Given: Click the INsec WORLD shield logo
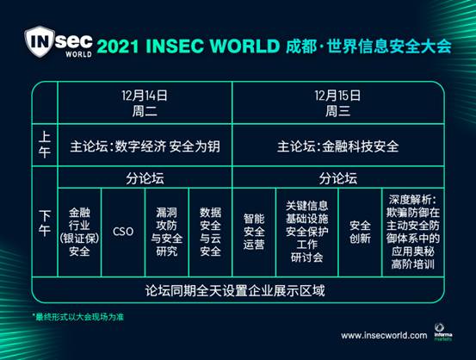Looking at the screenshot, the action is (59, 42).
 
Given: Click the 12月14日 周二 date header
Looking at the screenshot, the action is (145, 103).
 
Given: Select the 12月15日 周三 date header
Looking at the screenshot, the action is (337, 103).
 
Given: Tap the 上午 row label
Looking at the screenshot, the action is (45, 145).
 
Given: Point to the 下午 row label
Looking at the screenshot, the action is (45, 223).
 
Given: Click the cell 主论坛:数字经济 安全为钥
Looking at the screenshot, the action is (145, 146).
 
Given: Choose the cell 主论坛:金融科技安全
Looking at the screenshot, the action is (337, 146).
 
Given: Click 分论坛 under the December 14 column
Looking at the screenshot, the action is (145, 178).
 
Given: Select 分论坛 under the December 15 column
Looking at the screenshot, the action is (338, 178).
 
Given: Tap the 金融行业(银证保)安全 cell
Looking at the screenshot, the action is (79, 232).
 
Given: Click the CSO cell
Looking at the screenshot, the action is (123, 232).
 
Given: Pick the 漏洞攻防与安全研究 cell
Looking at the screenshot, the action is (167, 232).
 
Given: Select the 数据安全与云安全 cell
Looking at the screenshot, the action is (210, 232).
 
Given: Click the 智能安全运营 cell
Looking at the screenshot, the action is (254, 232).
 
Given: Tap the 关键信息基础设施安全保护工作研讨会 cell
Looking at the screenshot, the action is (307, 232).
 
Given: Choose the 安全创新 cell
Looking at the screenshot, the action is (360, 232).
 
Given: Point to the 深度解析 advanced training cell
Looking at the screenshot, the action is (413, 232).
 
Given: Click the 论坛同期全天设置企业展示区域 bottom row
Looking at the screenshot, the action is (235, 290).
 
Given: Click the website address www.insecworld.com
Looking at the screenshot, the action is (384, 335).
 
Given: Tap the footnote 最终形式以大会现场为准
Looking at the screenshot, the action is (78, 317).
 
